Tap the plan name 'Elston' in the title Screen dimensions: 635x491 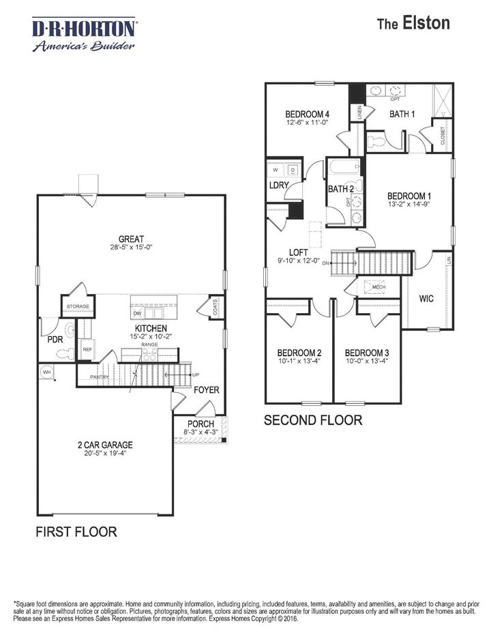coord(426,23)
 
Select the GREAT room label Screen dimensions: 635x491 coord(130,239)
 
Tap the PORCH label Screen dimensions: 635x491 coord(201,424)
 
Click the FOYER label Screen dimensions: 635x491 coord(206,390)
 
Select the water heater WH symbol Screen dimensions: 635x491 coord(47,372)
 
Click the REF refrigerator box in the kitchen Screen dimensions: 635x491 coord(87,349)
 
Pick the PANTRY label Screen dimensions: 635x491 coord(100,376)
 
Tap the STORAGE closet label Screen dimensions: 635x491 coord(78,307)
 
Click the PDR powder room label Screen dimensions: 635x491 coord(55,339)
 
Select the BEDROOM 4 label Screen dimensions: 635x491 coord(308,114)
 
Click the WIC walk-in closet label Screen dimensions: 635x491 coord(427,298)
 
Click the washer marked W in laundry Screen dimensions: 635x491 coord(276,170)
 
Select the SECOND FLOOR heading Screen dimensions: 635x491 coord(313,420)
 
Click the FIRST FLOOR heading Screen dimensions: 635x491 coord(76,531)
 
